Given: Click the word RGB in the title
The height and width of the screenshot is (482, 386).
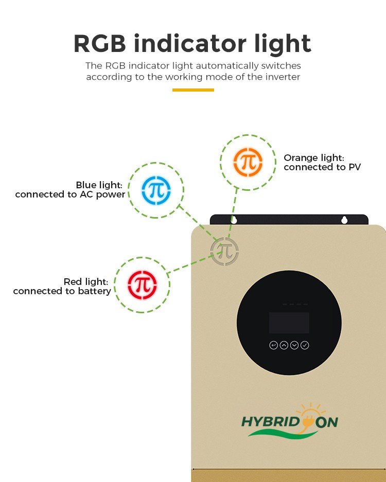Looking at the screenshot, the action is [100, 44].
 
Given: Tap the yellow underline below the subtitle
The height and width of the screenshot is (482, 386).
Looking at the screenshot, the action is [193, 90].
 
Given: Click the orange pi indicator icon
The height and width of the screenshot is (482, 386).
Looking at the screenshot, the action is [248, 163].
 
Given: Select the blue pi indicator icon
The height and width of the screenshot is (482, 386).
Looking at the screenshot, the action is [156, 190].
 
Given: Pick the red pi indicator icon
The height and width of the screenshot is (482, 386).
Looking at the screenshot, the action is [143, 285].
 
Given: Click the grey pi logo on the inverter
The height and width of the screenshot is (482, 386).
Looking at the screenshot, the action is [224, 251].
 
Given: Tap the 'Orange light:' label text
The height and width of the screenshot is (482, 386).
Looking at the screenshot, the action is [314, 158].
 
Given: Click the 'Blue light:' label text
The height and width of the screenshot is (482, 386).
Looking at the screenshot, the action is [99, 185].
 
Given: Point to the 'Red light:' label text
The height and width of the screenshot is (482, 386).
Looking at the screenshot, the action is [86, 282].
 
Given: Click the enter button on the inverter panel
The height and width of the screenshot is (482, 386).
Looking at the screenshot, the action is [273, 345].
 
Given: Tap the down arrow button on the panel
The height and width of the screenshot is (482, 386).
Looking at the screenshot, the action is [294, 345].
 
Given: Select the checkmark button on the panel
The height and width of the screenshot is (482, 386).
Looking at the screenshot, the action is [305, 345].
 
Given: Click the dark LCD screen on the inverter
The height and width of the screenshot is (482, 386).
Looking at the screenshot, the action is [289, 323].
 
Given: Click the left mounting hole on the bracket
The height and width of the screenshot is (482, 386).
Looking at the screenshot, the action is [234, 220].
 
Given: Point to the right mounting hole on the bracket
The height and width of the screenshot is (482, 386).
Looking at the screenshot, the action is [344, 220].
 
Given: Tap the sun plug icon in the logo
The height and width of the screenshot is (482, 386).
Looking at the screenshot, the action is [309, 417].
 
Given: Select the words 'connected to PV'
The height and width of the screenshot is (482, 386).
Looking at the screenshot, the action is [322, 168].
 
